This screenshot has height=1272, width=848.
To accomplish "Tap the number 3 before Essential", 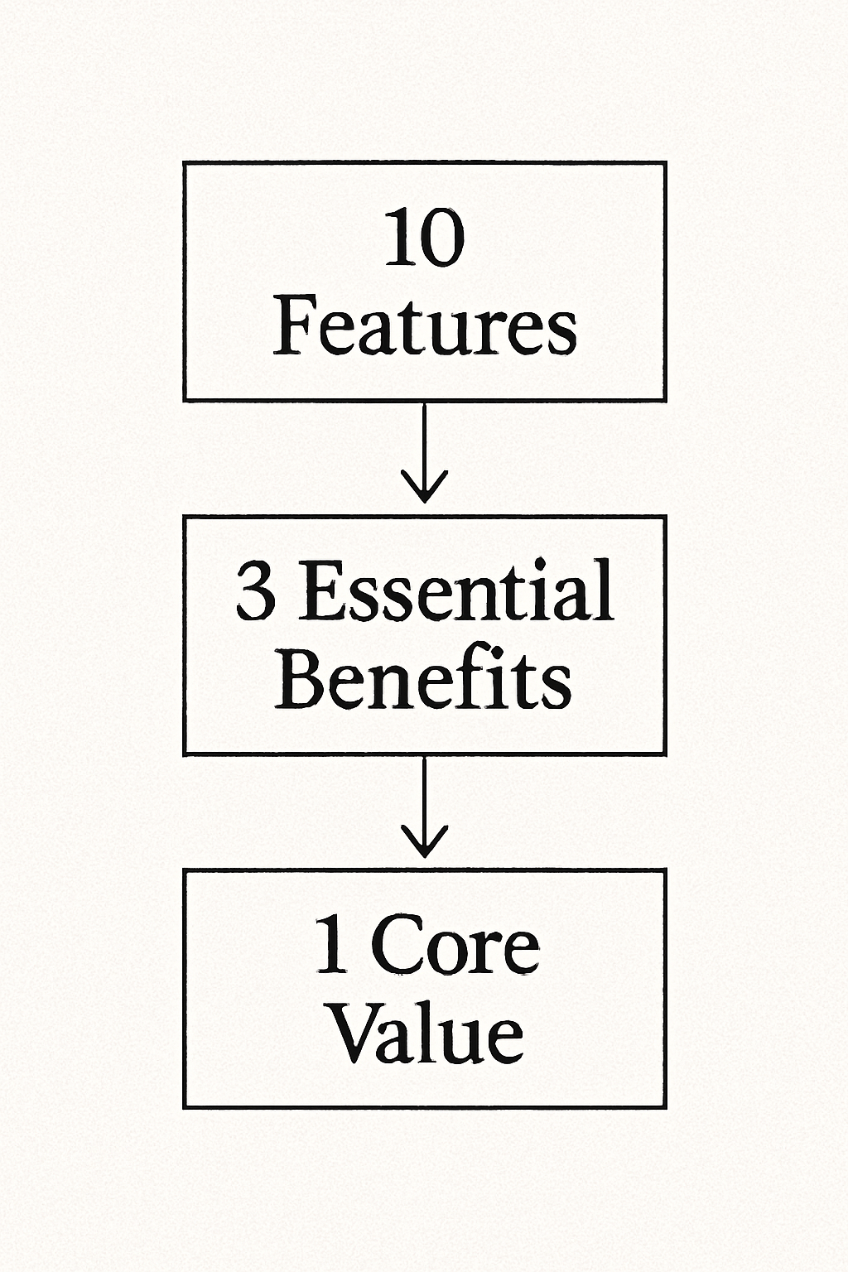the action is click(x=255, y=591).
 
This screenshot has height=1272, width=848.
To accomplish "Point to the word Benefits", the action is click(x=423, y=681).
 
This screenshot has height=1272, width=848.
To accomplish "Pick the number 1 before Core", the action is click(x=332, y=945).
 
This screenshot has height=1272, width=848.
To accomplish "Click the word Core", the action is click(x=455, y=945).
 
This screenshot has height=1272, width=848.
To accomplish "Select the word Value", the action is click(x=427, y=1034).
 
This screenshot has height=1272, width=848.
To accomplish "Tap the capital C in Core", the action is click(x=395, y=945).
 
